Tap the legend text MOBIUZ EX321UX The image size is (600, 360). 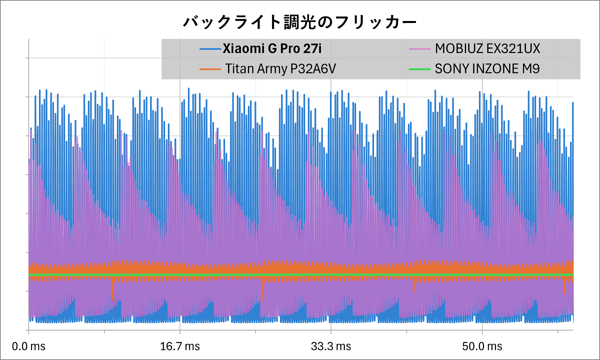tap(487, 49)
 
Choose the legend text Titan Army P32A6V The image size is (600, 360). tap(280, 68)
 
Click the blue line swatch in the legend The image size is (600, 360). tap(209, 49)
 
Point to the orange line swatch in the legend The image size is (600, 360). tap(209, 68)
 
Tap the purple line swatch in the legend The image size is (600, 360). tap(420, 49)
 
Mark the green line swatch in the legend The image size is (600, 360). tap(420, 68)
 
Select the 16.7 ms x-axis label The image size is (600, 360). tap(180, 346)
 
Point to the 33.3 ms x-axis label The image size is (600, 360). tap(331, 346)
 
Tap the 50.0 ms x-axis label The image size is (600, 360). tap(482, 346)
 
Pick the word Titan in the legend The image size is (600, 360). tap(238, 68)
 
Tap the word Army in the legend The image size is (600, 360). tap(270, 68)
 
